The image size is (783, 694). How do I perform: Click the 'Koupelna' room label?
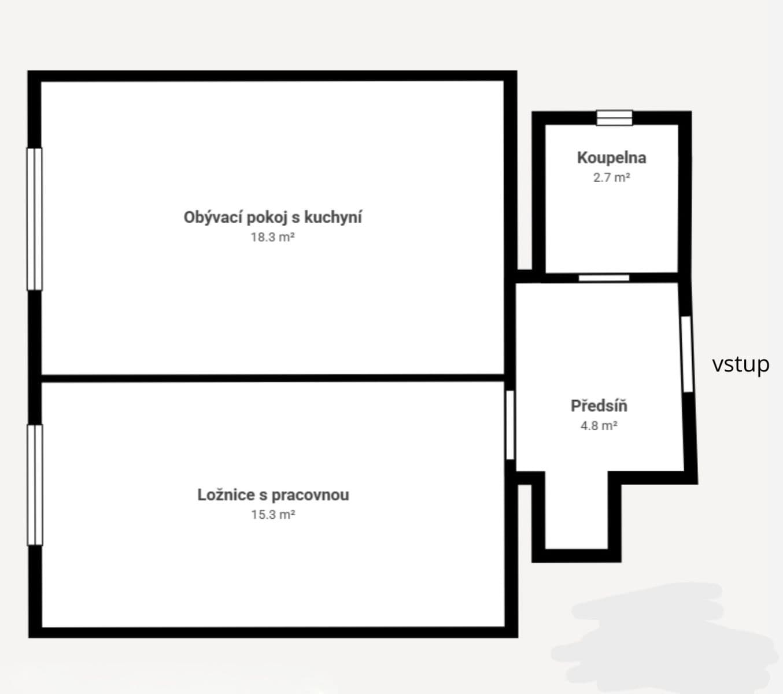[x=611, y=158]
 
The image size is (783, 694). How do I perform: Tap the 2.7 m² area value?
[x=611, y=178]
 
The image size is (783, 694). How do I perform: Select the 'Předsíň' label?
[x=599, y=406]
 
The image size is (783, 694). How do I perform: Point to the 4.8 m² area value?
[x=599, y=426]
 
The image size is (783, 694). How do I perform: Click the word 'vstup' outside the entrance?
[x=740, y=364]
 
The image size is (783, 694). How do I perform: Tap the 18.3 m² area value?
[x=272, y=237]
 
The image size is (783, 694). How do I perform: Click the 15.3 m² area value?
[x=272, y=515]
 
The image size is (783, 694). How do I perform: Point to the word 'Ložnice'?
[x=225, y=495]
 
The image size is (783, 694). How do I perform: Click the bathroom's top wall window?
[x=614, y=118]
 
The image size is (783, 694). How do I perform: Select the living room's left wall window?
[x=35, y=219]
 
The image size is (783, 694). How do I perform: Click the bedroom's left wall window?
[x=35, y=485]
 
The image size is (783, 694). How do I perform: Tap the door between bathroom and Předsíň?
[x=604, y=278]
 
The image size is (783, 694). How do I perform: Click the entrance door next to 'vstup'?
[x=686, y=354]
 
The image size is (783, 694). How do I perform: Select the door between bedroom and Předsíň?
[x=510, y=425]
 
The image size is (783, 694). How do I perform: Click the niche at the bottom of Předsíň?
[x=577, y=512]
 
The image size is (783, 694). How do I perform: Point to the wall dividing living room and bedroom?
[x=272, y=378]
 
